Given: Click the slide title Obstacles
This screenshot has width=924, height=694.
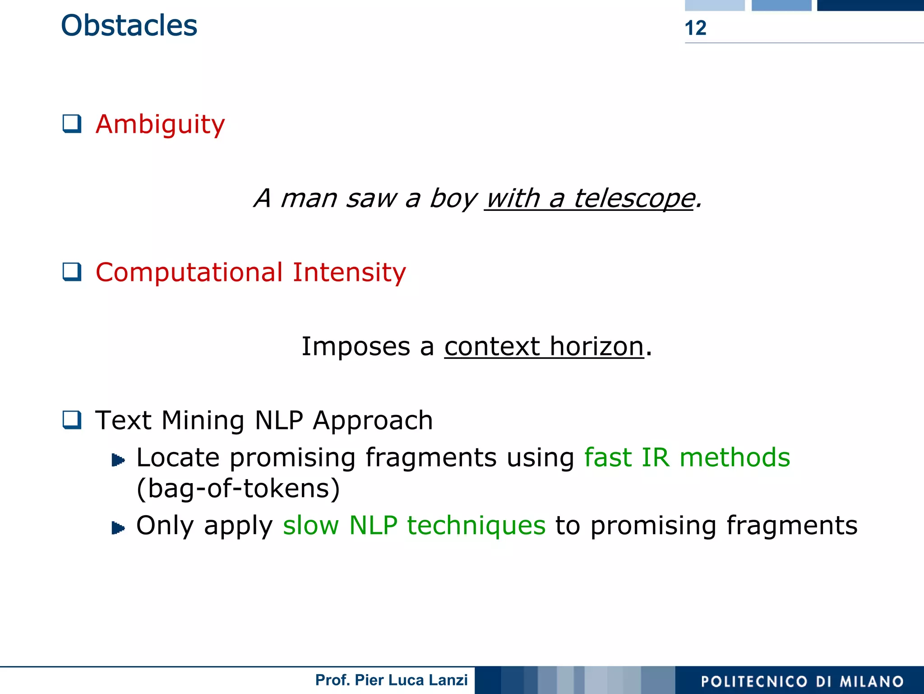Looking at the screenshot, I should (x=129, y=26).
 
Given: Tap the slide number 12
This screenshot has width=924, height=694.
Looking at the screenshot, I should (x=695, y=28).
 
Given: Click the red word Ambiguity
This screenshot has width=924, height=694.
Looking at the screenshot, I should (x=160, y=124).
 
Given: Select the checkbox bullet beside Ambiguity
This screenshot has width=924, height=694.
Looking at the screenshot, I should (x=72, y=124).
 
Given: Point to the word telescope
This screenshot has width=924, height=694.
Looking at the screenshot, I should (x=634, y=198).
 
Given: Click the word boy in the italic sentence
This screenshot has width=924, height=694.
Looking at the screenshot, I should (x=453, y=198).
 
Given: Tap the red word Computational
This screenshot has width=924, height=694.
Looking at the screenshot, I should (x=189, y=272).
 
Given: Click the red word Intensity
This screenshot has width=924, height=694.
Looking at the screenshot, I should (x=349, y=272).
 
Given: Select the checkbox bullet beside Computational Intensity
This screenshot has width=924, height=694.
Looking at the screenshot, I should (x=72, y=272).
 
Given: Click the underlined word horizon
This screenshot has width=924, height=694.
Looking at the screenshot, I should (x=596, y=346).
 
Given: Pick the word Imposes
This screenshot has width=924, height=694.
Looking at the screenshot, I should (x=355, y=346).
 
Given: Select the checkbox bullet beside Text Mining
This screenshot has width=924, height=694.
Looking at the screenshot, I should (x=72, y=420).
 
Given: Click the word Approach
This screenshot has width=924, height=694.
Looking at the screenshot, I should (x=373, y=420).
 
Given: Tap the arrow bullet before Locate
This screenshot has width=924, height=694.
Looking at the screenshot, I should (x=118, y=460).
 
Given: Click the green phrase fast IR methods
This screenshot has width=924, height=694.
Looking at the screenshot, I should (x=687, y=457).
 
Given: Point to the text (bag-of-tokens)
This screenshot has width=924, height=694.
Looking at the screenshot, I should (x=238, y=489).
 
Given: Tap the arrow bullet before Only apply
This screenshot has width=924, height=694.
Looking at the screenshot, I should (x=118, y=527).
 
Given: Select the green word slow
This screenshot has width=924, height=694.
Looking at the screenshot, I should (x=310, y=526).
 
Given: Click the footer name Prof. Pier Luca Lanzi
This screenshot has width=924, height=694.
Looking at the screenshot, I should (x=391, y=680).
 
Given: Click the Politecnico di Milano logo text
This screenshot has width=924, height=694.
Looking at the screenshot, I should (x=802, y=681).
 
